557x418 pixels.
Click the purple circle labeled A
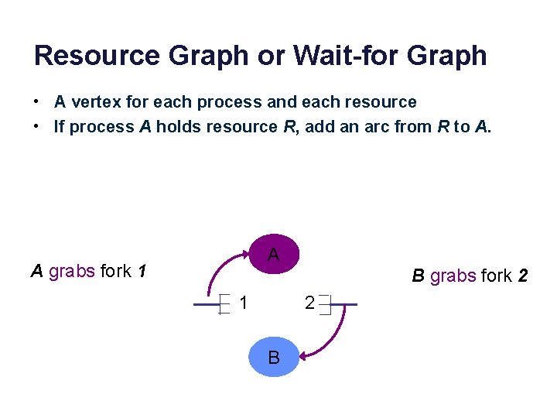pyautogui.click(x=273, y=254)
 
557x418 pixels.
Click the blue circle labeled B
pyautogui.click(x=273, y=358)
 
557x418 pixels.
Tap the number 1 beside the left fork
pyautogui.click(x=244, y=303)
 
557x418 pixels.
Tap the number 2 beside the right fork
pyautogui.click(x=309, y=303)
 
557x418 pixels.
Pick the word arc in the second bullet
pyautogui.click(x=361, y=127)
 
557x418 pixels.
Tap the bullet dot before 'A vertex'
pyautogui.click(x=36, y=102)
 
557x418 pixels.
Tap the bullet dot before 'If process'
pyautogui.click(x=36, y=127)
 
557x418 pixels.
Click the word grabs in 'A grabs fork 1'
pyautogui.click(x=72, y=272)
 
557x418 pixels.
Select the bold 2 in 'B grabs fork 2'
pyautogui.click(x=523, y=276)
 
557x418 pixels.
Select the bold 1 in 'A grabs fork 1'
pyautogui.click(x=142, y=272)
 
